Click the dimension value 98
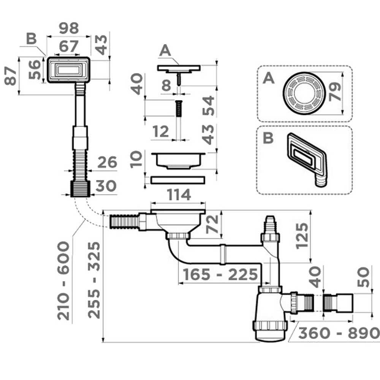click(x=69, y=28)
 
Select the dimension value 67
click(x=69, y=47)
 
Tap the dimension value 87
click(x=11, y=76)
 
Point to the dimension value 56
click(x=35, y=70)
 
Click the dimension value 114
click(x=179, y=195)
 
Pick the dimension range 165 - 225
click(x=220, y=274)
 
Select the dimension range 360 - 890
click(x=339, y=333)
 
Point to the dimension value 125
click(x=302, y=236)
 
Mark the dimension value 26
click(x=107, y=163)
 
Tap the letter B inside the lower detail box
click(x=268, y=138)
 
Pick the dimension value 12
click(x=160, y=132)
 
